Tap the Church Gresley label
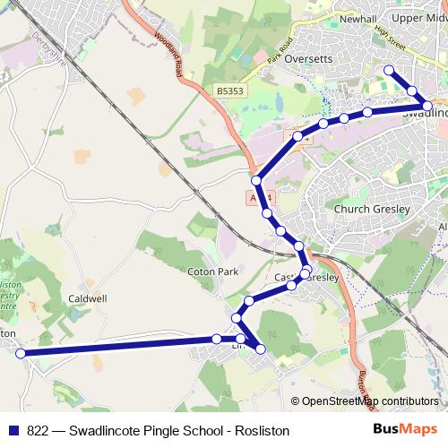pyautogui.click(x=371, y=209)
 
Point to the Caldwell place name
pyautogui.click(x=88, y=297)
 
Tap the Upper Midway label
pyautogui.click(x=419, y=17)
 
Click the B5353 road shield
pyautogui.click(x=229, y=91)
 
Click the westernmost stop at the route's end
pyautogui.click(x=21, y=354)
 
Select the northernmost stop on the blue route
pyautogui.click(x=389, y=70)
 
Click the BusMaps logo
pyautogui.click(x=404, y=428)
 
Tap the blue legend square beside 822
pyautogui.click(x=14, y=430)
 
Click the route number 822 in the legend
pyautogui.click(x=38, y=430)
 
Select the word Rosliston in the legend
pyautogui.click(x=263, y=430)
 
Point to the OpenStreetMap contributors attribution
pyautogui.click(x=369, y=401)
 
